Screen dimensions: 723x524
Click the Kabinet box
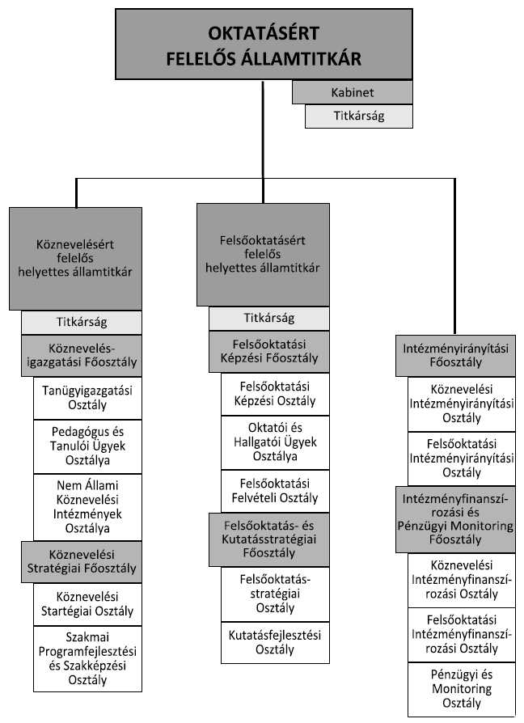[x=353, y=92]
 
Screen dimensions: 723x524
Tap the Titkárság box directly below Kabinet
[x=358, y=116]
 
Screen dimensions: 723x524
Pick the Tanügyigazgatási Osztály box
[x=87, y=399]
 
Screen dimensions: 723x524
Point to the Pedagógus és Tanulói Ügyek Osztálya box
[x=87, y=446]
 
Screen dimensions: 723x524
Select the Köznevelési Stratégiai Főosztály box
[x=82, y=561]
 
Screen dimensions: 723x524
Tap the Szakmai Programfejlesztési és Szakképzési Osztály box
[x=87, y=658]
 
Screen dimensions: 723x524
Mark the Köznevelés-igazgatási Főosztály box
[x=82, y=357]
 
